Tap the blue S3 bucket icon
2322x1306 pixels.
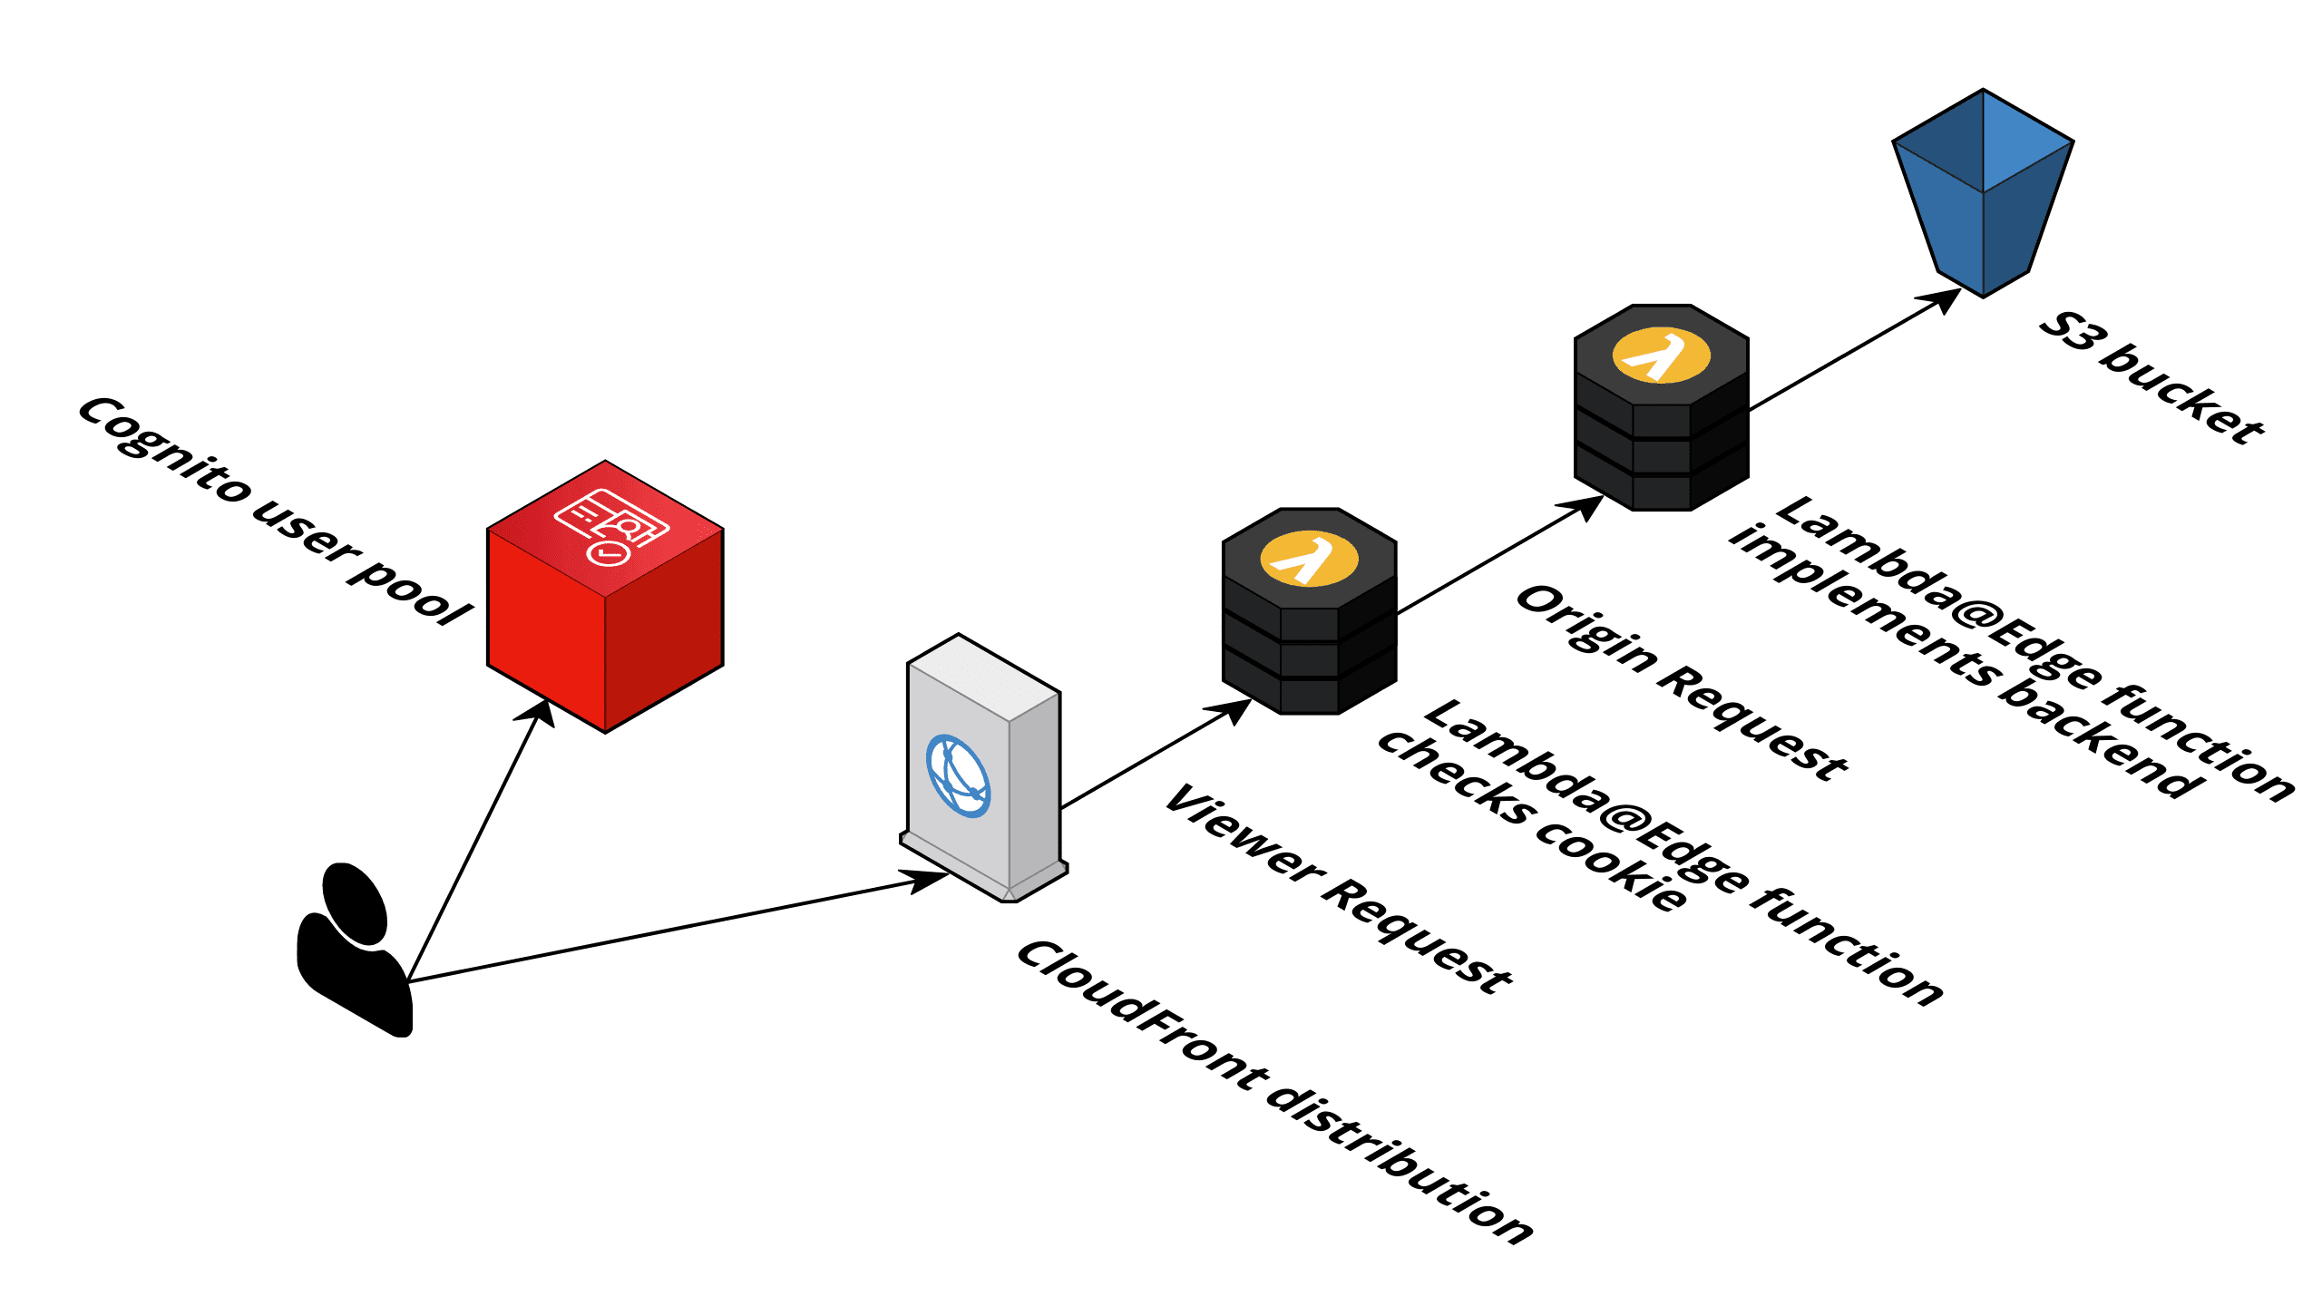point(1983,195)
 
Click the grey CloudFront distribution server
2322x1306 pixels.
point(984,771)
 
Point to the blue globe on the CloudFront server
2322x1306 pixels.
point(958,775)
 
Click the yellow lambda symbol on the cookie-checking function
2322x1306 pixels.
point(1309,559)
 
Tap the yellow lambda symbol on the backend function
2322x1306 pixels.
point(1661,356)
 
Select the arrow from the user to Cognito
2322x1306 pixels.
point(476,843)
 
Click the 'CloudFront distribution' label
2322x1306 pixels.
point(1274,1093)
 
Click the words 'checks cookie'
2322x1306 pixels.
point(1533,821)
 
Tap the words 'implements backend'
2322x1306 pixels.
point(1964,662)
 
